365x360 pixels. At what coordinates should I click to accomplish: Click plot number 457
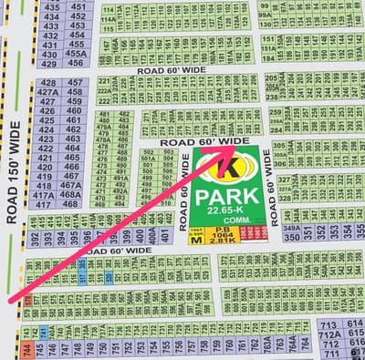click(77, 82)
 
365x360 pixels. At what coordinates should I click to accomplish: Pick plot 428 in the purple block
click(48, 82)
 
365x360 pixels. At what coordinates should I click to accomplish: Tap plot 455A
click(77, 53)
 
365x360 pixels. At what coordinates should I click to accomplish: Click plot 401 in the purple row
click(163, 235)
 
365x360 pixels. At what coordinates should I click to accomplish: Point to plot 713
click(328, 324)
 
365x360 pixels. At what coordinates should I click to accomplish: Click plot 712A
click(328, 334)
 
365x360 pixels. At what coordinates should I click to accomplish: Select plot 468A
click(72, 194)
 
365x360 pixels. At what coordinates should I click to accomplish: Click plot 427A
click(48, 92)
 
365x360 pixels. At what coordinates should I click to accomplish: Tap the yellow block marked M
click(195, 241)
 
